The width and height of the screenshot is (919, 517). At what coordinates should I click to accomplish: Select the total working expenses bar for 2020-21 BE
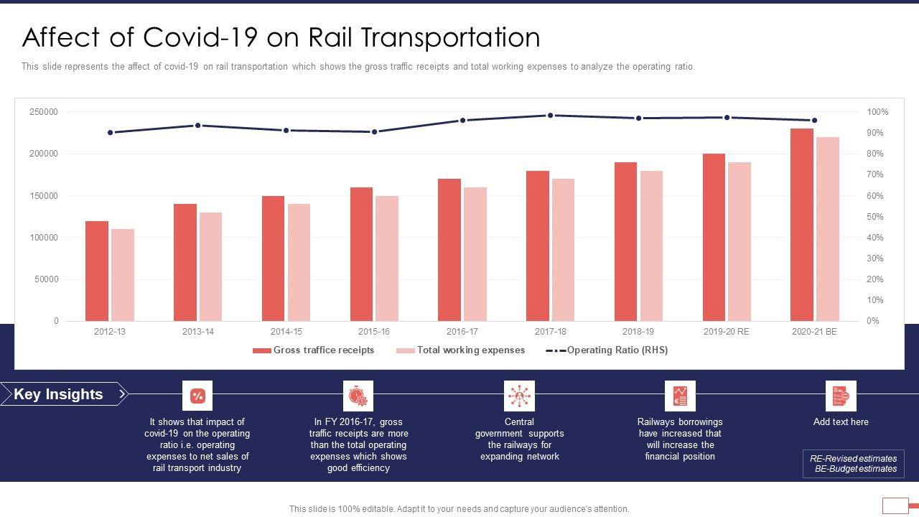click(x=828, y=229)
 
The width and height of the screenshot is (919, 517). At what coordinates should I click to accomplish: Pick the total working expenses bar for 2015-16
click(x=387, y=258)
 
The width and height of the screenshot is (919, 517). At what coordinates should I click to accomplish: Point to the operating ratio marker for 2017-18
click(x=551, y=116)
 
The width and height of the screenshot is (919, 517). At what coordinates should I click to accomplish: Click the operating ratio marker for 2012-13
click(x=110, y=133)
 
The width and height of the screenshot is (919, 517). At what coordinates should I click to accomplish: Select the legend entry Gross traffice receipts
click(x=314, y=350)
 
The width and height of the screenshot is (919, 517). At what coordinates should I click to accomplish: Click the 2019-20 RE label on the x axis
click(x=726, y=332)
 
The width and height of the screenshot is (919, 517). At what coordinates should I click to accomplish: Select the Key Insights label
click(x=59, y=394)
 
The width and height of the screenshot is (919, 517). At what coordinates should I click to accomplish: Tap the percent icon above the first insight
click(x=197, y=396)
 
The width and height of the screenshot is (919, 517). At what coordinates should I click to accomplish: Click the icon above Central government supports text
click(x=519, y=396)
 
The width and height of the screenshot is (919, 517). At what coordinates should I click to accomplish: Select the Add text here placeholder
click(x=841, y=422)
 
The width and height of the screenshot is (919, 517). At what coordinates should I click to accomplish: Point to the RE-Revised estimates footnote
click(x=853, y=459)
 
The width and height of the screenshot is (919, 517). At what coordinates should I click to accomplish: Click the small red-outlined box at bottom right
click(x=895, y=506)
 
